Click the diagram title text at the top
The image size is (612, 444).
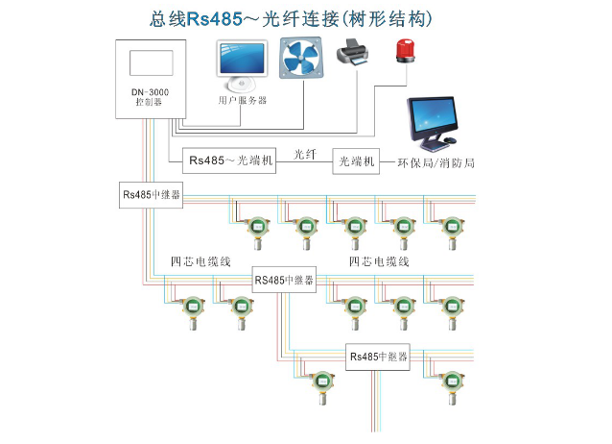pos(306,17)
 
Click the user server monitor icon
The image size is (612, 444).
pos(242,63)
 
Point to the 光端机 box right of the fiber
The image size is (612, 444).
pos(356,160)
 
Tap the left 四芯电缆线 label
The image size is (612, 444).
pos(200,260)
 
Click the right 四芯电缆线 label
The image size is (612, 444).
pos(379,260)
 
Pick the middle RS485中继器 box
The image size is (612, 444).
pos(284,281)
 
